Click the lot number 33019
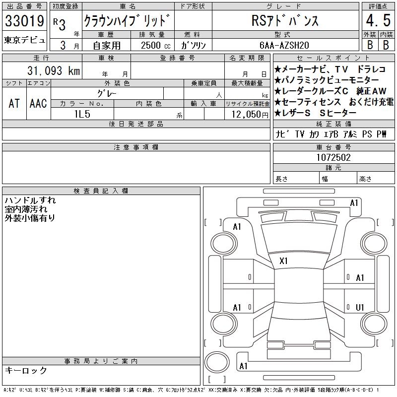tap(24, 21)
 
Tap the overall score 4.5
tap(378, 20)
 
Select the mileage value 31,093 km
tap(54, 70)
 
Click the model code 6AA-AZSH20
tap(284, 45)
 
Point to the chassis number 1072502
tap(333, 157)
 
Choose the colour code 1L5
tap(82, 114)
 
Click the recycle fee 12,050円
tap(250, 115)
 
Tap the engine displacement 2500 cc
tap(155, 46)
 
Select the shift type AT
tap(14, 103)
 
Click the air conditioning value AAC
tap(38, 103)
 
